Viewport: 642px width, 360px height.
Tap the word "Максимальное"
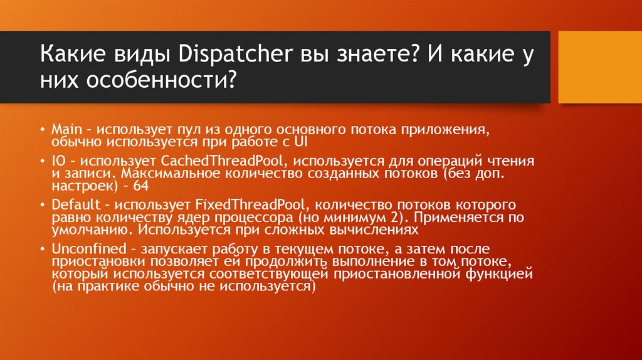coord(159,174)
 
